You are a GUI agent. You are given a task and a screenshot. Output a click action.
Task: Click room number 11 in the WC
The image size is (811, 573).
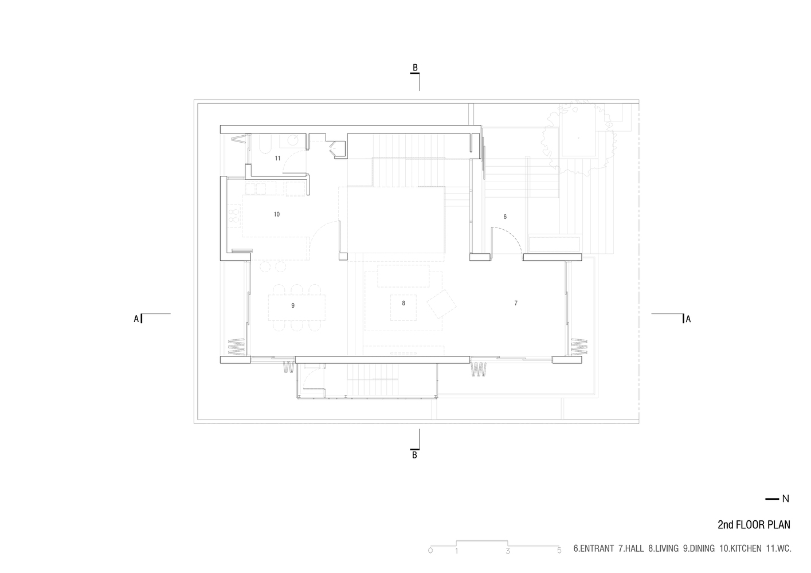point(278,158)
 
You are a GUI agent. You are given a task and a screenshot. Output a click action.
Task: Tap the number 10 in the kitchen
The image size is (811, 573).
point(277,214)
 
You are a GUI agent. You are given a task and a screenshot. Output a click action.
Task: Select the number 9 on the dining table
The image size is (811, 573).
point(293,305)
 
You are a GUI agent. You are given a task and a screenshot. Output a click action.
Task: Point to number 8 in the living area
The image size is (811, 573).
point(403,303)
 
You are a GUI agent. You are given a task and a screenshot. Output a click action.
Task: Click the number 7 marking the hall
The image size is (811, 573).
point(516,303)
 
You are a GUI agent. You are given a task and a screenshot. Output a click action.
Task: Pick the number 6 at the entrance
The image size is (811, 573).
point(505,217)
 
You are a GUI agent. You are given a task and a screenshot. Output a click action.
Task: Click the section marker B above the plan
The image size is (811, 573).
point(416,68)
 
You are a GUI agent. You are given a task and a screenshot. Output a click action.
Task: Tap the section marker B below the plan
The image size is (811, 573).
point(414,455)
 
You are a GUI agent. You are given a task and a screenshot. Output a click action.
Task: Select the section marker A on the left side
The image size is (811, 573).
point(136,319)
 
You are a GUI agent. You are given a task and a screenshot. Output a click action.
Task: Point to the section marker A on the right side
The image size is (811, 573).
point(688,319)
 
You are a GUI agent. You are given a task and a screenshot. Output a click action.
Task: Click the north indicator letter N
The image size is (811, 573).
point(785,499)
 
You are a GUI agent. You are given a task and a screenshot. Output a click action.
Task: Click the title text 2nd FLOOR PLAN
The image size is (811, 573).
point(754,524)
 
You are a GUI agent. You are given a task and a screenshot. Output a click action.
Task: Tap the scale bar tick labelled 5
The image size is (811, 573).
point(559,551)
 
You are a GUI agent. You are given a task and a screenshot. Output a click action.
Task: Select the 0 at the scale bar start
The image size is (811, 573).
point(430,551)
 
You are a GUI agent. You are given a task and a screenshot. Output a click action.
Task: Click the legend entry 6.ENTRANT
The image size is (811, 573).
point(593,549)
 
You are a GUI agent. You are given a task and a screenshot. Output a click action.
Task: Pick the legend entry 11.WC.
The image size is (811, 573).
point(778,549)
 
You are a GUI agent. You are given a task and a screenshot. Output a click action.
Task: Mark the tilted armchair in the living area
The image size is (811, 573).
point(441,304)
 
